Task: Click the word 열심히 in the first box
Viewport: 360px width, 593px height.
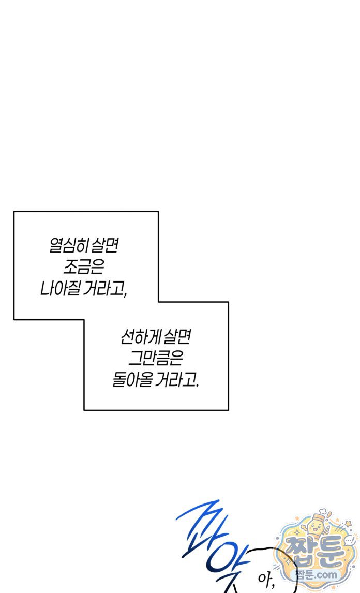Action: pos(68,245)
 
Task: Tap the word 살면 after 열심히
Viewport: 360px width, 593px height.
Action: pos(105,245)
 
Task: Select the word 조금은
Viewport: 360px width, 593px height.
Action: pos(84,267)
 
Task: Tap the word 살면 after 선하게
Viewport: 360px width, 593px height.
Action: pos(177,336)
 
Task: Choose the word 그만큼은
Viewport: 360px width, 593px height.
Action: pos(155,358)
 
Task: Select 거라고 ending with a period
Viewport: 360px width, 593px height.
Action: pos(177,379)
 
